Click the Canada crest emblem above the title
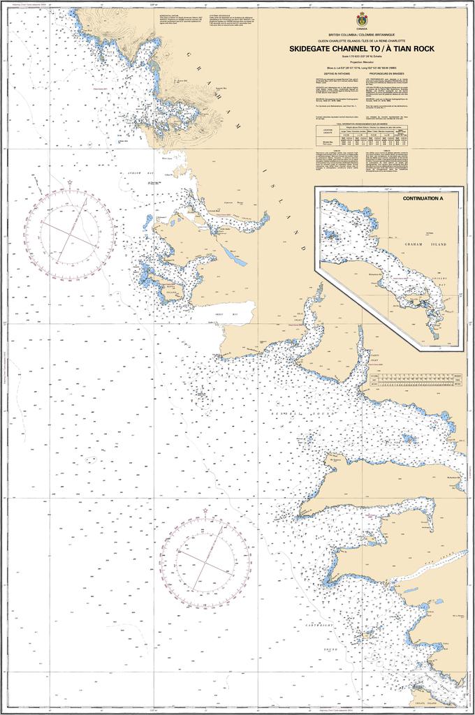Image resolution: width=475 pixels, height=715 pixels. [x=362, y=20]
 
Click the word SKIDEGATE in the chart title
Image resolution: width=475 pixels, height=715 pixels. [x=313, y=49]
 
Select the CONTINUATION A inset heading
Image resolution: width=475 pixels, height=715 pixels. [x=423, y=198]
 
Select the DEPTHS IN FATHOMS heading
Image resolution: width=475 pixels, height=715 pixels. [x=332, y=73]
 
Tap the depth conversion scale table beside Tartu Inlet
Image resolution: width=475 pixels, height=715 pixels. [x=415, y=380]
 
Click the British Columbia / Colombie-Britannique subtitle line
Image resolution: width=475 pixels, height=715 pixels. [x=362, y=34]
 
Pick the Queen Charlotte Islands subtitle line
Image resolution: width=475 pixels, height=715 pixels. [x=362, y=40]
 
